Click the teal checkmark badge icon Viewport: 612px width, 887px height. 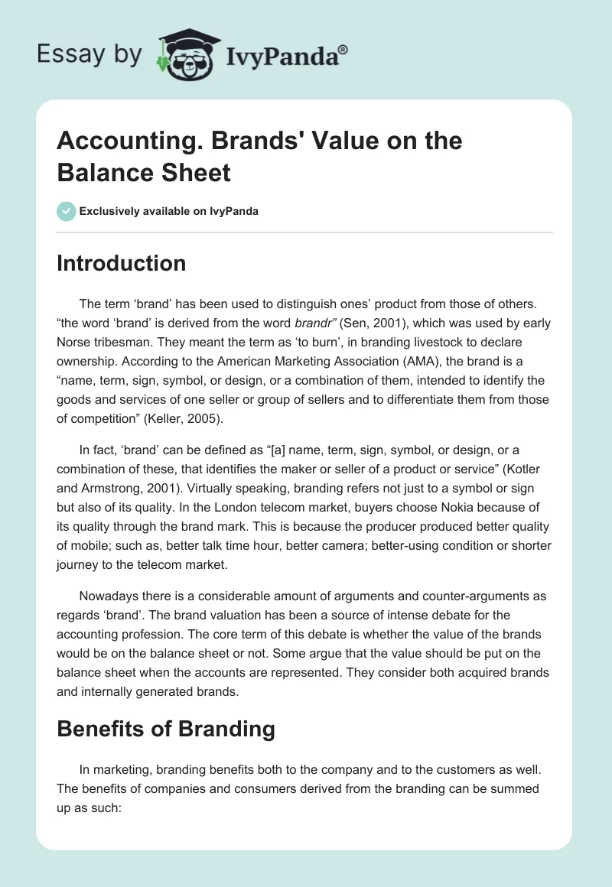[x=67, y=211]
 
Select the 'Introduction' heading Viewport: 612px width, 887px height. [x=122, y=263]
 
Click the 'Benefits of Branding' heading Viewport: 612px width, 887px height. [x=166, y=728]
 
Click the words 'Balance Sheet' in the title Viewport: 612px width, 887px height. [x=144, y=172]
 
